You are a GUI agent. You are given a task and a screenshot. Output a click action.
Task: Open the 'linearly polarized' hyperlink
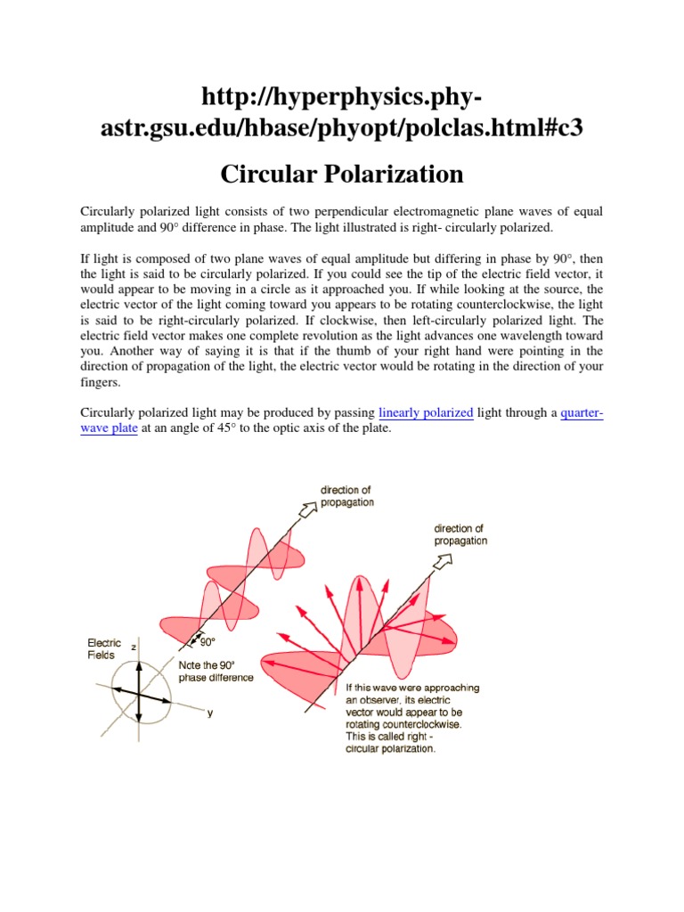pos(426,412)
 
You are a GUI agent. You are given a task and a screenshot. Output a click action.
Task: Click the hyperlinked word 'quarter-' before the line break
pos(582,412)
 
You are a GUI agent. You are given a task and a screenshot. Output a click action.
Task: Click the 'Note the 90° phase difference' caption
pos(216,671)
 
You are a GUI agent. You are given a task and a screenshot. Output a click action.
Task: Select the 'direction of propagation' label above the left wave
pos(347,496)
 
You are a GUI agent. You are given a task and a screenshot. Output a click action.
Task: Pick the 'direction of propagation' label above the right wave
pos(460,534)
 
